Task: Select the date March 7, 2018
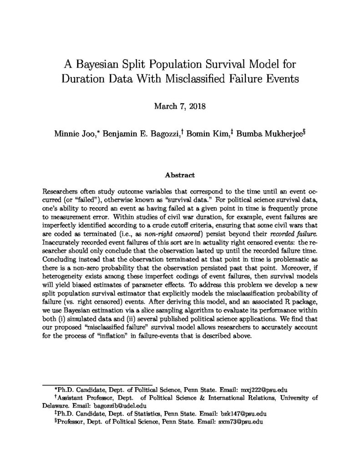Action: click(x=180, y=107)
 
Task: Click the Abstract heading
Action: click(x=180, y=175)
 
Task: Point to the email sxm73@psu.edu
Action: click(x=243, y=422)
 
